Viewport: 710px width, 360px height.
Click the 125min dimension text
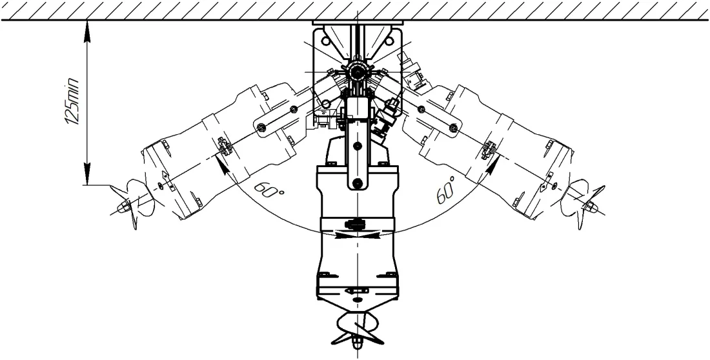tap(72, 101)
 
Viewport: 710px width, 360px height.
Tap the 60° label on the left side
tap(269, 189)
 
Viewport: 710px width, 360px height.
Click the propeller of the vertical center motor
tap(358, 329)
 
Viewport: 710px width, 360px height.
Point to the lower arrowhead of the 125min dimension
tap(87, 174)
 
